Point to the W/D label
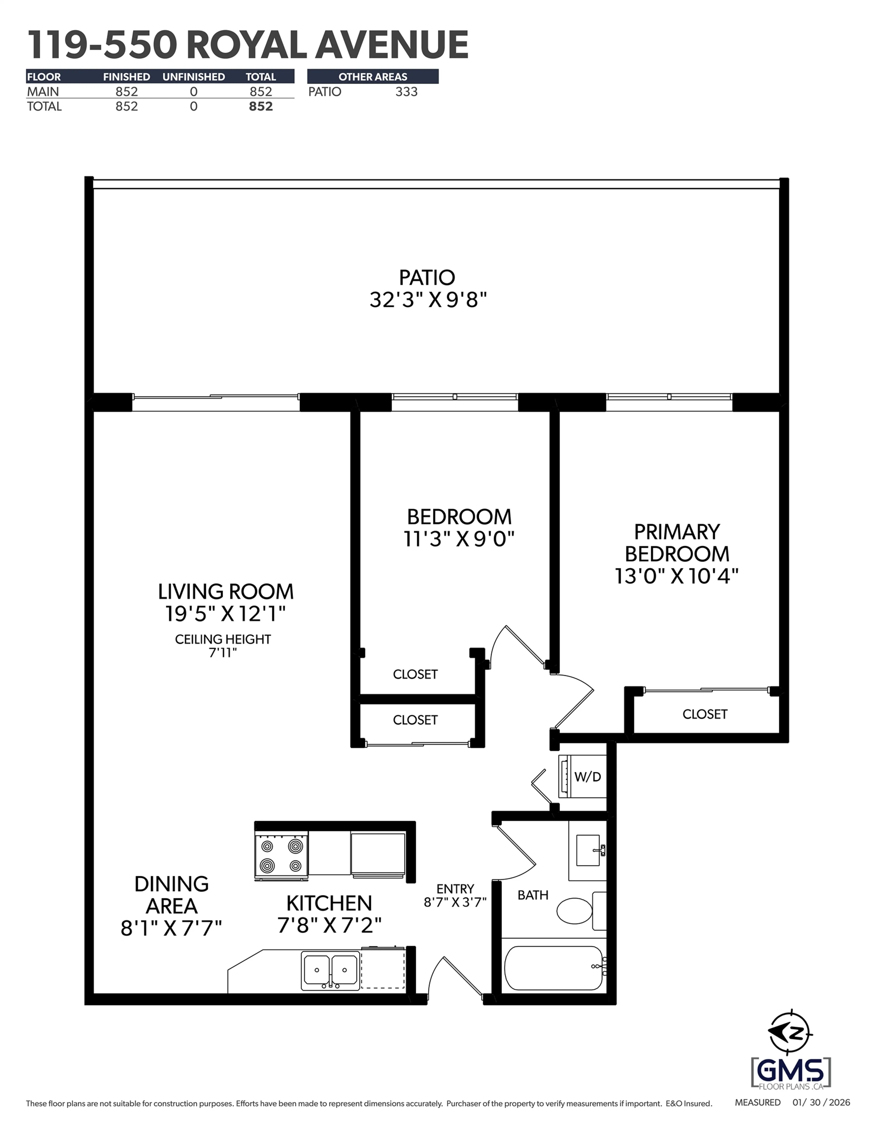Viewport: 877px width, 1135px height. [x=587, y=777]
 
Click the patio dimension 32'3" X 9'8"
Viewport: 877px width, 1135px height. [x=428, y=300]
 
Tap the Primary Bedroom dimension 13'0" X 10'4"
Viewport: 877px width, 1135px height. [x=676, y=576]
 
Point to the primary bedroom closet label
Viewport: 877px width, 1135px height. [x=704, y=714]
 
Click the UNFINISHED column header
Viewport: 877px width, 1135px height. [x=193, y=77]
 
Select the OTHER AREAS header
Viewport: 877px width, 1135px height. [x=373, y=77]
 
